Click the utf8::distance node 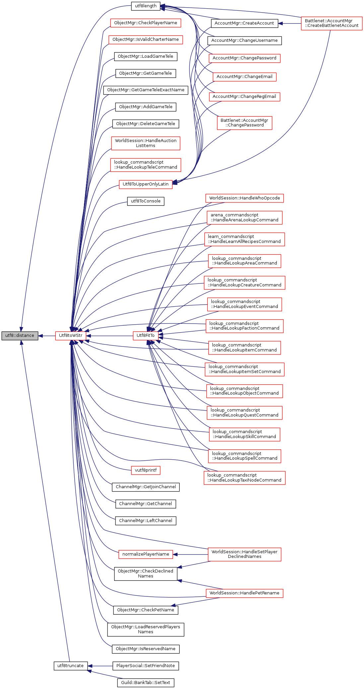tap(20, 336)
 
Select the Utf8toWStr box tap(71, 336)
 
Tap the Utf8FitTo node tap(145, 336)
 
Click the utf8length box tap(146, 6)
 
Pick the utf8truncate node tap(71, 666)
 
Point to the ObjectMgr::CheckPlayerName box tap(145, 23)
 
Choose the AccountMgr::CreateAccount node tap(244, 23)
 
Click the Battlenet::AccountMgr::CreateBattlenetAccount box tap(331, 23)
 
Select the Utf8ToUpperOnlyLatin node tap(145, 184)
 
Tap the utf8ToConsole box tap(145, 201)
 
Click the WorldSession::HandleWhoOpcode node tap(245, 198)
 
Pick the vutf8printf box tap(146, 470)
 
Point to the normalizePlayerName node tap(146, 554)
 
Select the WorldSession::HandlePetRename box tap(245, 593)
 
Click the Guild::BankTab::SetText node tap(145, 683)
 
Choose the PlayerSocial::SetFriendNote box tap(145, 666)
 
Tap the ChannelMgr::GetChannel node tap(145, 504)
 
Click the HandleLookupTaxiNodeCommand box tap(245, 478)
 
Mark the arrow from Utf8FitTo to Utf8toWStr tap(109, 336)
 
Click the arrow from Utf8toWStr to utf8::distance tap(47, 336)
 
